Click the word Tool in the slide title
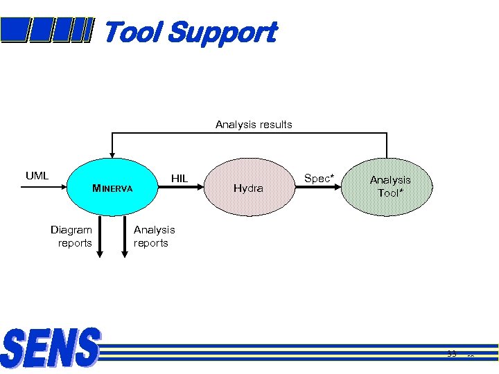pos(132,32)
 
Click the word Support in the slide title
pos(221,33)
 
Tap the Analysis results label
pos(254,125)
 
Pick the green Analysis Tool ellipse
pos(390,186)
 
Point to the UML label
pos(37,175)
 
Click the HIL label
pos(180,179)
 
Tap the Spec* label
pos(319,179)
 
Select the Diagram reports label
pos(72,236)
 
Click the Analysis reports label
pos(154,236)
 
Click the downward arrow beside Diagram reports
pos(100,239)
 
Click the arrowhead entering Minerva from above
pos(112,154)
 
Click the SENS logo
pos(50,348)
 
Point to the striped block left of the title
pos(46,30)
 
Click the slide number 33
pos(452,354)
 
